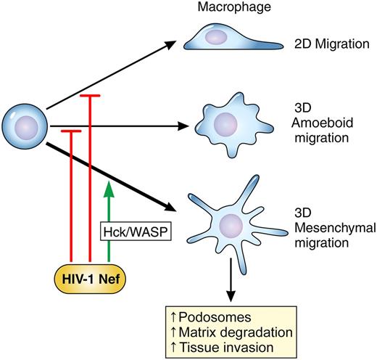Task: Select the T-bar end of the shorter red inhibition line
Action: pos(70,131)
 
